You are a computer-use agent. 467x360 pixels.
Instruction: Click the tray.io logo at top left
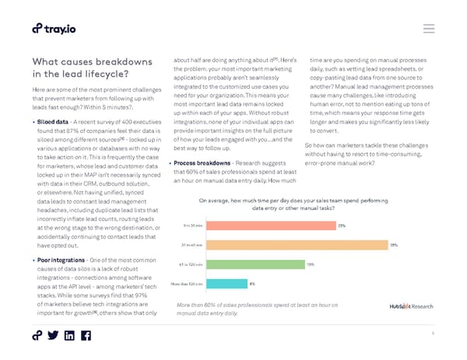pos(54,29)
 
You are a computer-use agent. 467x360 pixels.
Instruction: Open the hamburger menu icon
pos(428,29)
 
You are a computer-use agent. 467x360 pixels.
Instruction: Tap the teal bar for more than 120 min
pos(226,284)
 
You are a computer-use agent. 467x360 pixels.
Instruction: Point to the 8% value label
pos(252,284)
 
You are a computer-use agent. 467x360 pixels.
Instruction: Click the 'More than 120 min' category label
pos(188,284)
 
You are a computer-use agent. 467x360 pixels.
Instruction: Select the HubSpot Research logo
pos(412,306)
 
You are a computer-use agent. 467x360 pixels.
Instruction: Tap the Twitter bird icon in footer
pos(53,336)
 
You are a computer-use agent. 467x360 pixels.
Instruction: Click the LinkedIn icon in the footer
pos(69,336)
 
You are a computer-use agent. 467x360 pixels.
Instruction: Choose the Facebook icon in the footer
pos(86,336)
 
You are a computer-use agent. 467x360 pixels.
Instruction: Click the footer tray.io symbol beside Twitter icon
pos(37,336)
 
